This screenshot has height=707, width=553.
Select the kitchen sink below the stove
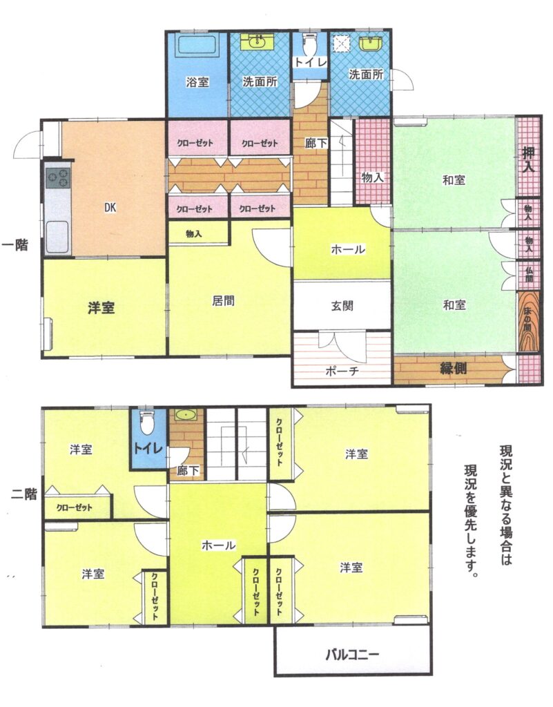(58, 238)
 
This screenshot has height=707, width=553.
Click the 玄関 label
(342, 306)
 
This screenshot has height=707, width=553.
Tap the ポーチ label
(342, 371)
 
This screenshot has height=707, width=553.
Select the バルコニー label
(353, 654)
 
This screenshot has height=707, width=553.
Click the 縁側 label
(454, 369)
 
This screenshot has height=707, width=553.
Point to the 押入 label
(528, 159)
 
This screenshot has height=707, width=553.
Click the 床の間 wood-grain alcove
(527, 322)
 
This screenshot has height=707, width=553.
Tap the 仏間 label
(529, 275)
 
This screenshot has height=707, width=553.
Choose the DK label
(110, 207)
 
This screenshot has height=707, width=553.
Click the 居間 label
(223, 301)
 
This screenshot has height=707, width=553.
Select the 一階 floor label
(15, 245)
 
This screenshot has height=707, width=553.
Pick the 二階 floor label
(23, 494)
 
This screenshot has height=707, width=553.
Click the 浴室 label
(197, 82)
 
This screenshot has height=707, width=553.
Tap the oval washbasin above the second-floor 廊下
(184, 414)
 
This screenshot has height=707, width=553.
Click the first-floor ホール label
(348, 249)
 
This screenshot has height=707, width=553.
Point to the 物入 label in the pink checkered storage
(372, 177)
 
